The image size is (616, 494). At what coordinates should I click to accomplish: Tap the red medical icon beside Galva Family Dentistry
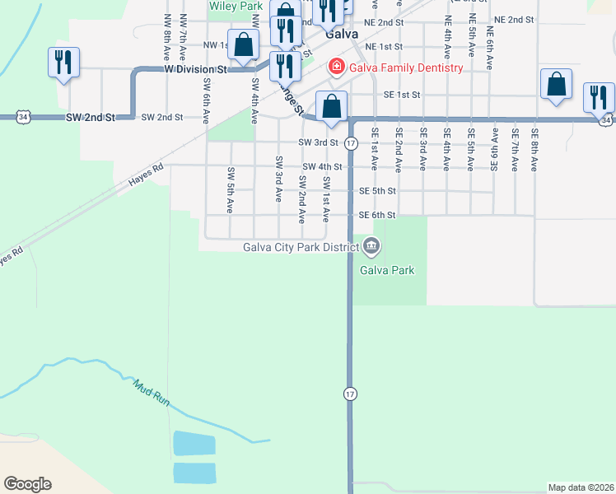tap(336, 67)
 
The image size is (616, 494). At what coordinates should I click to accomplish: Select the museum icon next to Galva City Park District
tap(371, 246)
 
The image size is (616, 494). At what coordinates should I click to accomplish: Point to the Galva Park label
tap(387, 270)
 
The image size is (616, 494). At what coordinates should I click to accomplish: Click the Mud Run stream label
tap(152, 393)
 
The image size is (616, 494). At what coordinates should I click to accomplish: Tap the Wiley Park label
tap(236, 6)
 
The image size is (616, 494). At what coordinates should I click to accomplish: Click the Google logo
tap(27, 484)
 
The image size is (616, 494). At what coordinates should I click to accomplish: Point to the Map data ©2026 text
tap(581, 487)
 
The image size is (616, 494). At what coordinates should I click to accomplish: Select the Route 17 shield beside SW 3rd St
tap(351, 143)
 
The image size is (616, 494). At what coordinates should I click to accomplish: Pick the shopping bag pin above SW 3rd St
tap(331, 107)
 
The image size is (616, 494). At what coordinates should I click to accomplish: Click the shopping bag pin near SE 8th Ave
tap(557, 85)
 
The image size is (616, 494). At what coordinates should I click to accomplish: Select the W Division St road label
tap(195, 70)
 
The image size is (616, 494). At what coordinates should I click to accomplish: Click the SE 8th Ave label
tap(534, 149)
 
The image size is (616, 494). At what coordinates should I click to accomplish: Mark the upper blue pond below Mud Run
tap(194, 443)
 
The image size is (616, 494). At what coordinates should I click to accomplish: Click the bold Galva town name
tap(340, 35)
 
